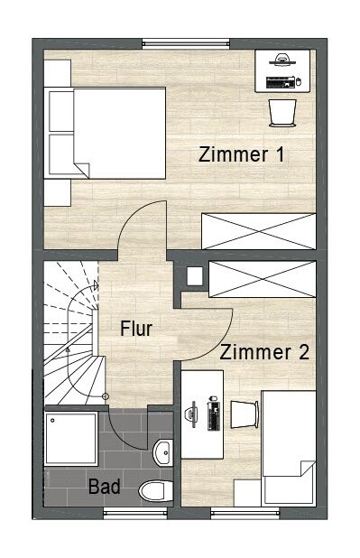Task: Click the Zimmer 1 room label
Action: tap(242, 154)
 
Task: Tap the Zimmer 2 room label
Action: tap(264, 352)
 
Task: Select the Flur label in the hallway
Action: tap(136, 329)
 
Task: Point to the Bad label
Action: tap(105, 486)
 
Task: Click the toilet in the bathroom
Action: tap(156, 491)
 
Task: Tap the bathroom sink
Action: tap(163, 452)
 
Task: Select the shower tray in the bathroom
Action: tap(70, 439)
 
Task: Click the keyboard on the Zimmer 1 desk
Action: tap(281, 82)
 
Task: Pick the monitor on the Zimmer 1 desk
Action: tap(282, 60)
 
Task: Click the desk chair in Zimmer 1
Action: tap(282, 113)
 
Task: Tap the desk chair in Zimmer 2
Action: tap(245, 414)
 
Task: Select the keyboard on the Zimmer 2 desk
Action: tap(214, 413)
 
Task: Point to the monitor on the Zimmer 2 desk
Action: tap(191, 414)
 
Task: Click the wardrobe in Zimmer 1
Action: tap(259, 231)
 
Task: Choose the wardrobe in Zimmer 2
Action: tap(263, 279)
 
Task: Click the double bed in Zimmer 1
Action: tap(105, 133)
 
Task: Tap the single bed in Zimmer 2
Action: tap(289, 448)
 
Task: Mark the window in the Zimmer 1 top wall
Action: tap(186, 44)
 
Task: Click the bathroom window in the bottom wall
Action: tap(135, 513)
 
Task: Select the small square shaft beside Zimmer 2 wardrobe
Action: tap(195, 276)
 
